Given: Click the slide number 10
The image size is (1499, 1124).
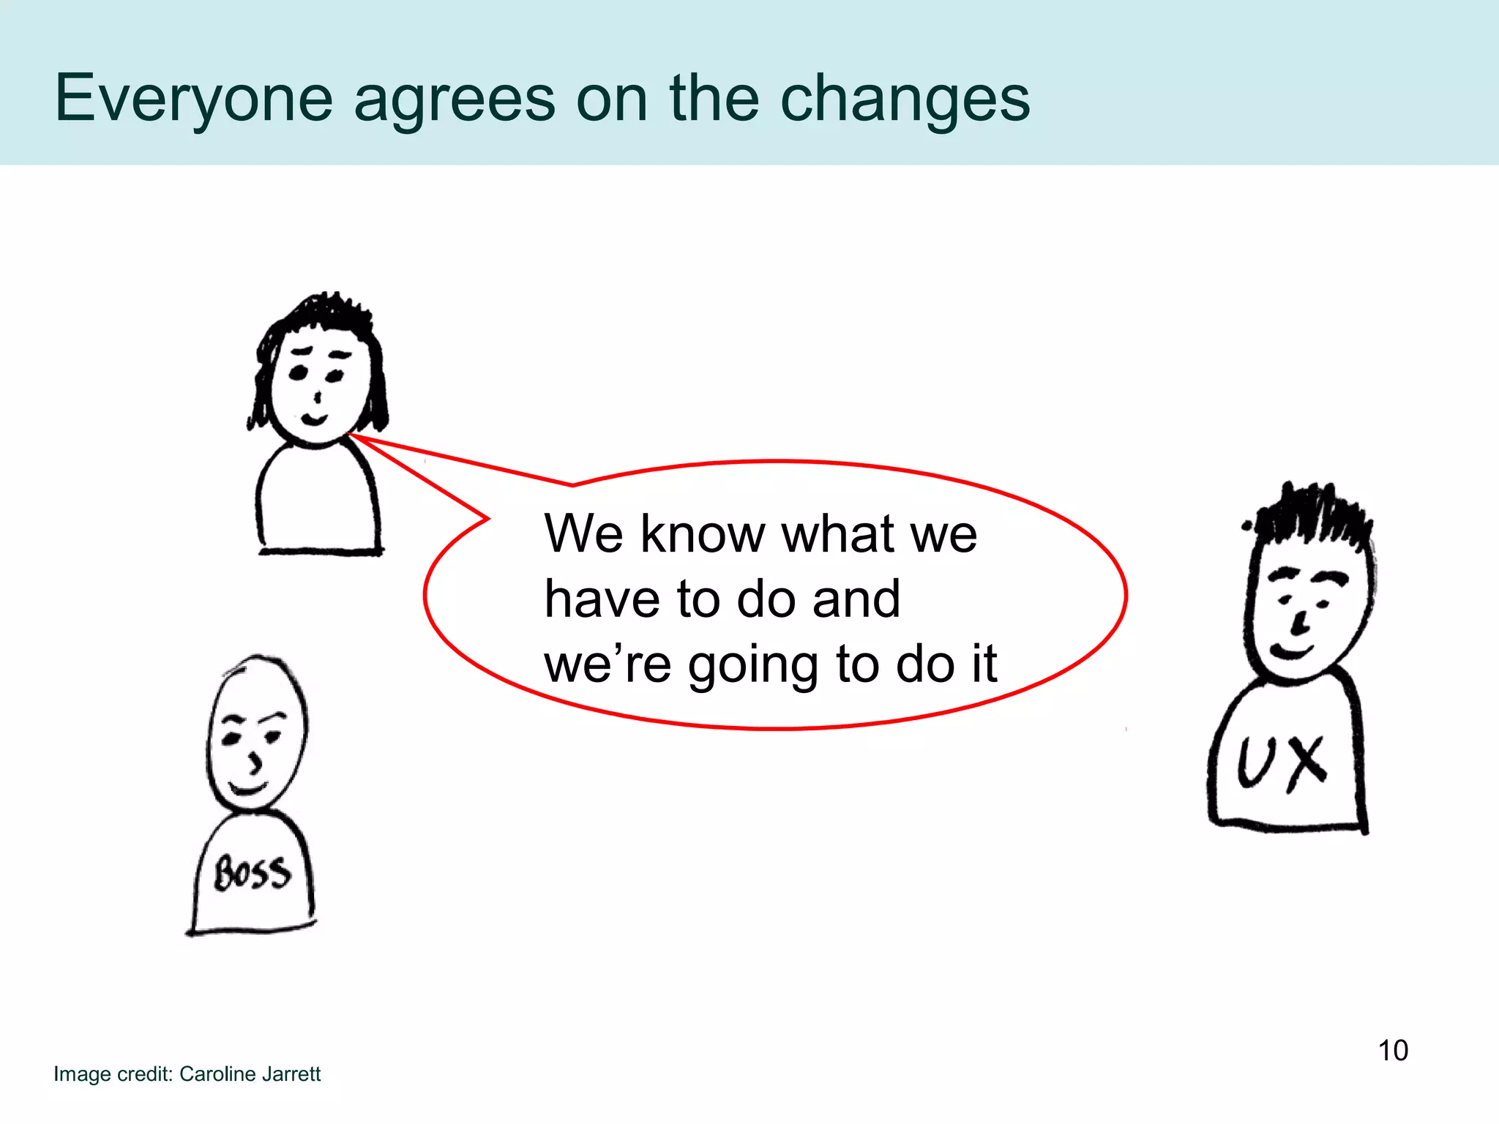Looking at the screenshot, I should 1393,1050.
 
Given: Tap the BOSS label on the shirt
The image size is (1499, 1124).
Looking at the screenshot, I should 253,873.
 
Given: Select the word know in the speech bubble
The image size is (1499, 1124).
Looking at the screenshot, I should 703,533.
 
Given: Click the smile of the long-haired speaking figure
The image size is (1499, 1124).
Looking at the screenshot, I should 314,420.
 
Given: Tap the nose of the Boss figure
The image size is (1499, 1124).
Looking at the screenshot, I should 254,763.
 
